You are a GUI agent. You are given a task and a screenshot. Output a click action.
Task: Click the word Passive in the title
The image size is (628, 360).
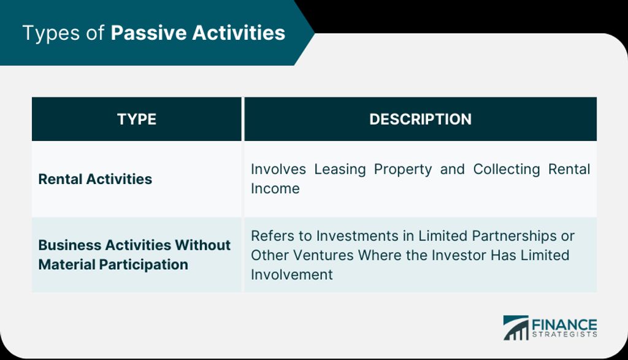pos(148,33)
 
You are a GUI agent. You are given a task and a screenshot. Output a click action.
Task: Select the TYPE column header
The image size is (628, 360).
pos(137,120)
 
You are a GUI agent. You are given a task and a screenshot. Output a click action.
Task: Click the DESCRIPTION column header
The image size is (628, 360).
pos(420,120)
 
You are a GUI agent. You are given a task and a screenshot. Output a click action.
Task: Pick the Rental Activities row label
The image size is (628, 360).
pos(95,179)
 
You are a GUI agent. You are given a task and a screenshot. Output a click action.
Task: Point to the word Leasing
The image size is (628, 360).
pos(340,170)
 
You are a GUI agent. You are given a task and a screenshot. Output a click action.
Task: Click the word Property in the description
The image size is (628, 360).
pos(403,170)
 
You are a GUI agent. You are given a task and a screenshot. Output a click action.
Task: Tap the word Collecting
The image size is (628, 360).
pos(506,170)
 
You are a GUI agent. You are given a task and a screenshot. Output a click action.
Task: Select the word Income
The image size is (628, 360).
pos(275,189)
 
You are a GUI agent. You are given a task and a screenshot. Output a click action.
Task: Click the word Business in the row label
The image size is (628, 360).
pos(70,245)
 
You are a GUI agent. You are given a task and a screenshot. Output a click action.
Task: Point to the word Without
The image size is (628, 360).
pos(202,245)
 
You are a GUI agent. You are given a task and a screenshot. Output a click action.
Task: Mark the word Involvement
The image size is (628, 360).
pos(292,275)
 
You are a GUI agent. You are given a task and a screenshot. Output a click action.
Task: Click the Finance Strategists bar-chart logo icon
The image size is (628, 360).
pos(516,328)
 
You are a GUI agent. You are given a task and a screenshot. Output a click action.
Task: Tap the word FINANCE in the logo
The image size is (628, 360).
pos(564,324)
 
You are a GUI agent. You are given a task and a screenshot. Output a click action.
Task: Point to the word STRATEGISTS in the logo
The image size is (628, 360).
pos(564,335)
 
